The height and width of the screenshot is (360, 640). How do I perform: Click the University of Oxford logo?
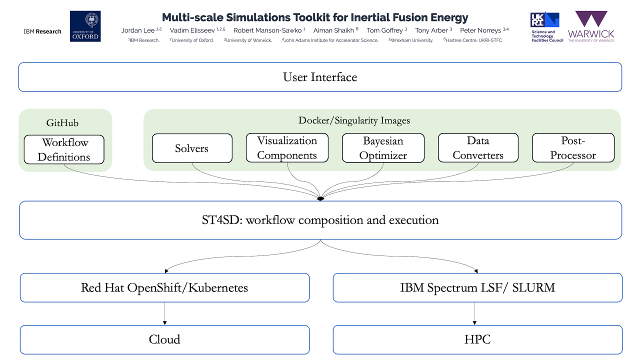(85, 26)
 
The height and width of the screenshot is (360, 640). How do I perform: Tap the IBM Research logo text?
(42, 31)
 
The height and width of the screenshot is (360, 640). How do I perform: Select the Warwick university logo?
(591, 26)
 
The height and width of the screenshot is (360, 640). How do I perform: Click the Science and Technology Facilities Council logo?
(545, 27)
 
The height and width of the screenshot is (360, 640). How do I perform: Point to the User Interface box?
(320, 77)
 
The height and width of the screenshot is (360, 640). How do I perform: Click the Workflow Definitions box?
(64, 149)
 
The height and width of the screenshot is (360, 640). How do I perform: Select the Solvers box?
(192, 148)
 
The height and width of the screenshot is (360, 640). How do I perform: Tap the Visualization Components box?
(287, 148)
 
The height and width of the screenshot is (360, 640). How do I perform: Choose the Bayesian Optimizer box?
(383, 148)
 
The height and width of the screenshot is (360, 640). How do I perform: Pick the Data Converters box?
(478, 148)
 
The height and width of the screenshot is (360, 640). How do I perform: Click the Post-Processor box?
(573, 148)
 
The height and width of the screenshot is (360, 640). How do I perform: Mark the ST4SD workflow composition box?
(320, 220)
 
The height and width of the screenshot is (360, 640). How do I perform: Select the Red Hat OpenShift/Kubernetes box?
(164, 287)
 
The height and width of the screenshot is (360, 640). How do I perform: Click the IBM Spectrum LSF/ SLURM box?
(477, 287)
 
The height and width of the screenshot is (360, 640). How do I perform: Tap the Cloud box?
(164, 339)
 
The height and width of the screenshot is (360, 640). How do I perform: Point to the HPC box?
(477, 339)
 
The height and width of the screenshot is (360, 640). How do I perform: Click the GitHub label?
(62, 123)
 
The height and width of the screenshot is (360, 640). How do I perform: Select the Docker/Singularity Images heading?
(354, 120)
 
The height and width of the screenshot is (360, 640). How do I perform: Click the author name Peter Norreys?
(480, 30)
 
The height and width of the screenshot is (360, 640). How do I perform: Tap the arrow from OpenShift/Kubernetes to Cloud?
(164, 313)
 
